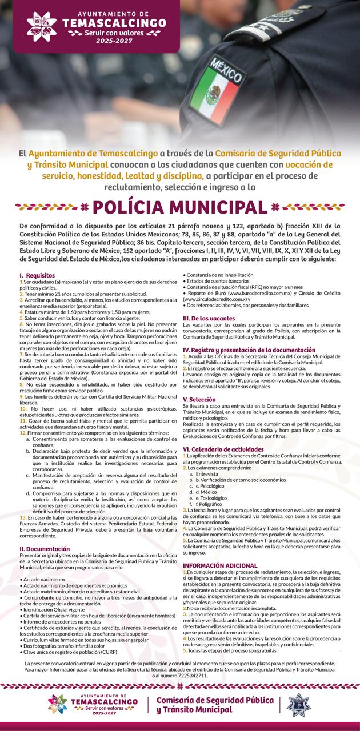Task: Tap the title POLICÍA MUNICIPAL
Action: click(x=179, y=206)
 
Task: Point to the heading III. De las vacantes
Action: click(x=209, y=318)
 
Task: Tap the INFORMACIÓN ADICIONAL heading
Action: click(x=220, y=549)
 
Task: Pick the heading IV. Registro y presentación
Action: click(x=249, y=349)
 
